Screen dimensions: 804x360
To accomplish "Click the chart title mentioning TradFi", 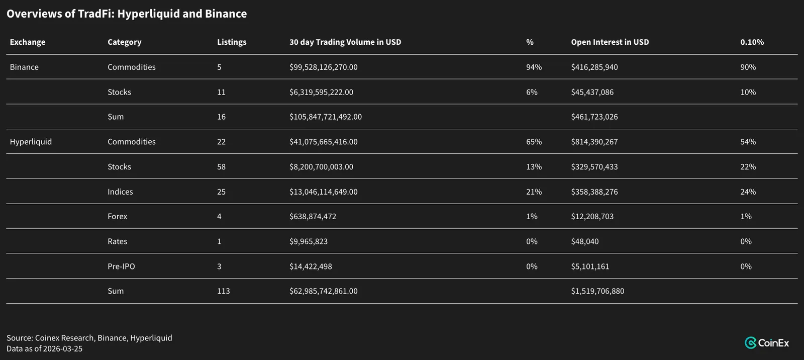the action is [x=127, y=14].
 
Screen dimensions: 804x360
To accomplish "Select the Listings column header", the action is [x=232, y=42].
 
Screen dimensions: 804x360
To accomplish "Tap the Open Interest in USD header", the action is [x=610, y=42].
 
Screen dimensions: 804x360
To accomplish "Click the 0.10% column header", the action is [x=752, y=42].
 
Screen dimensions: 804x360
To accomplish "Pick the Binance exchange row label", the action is [x=24, y=67].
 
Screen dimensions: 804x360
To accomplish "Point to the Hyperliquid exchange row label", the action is [x=31, y=142].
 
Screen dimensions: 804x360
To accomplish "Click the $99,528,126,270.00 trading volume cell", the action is [x=324, y=67].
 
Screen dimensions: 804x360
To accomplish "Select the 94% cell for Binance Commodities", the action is [x=534, y=67].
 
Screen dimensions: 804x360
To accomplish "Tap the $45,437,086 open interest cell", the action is [x=592, y=93].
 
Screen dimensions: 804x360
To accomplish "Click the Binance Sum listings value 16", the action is [x=222, y=117].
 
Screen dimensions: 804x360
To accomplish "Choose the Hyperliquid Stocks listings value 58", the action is [x=222, y=167].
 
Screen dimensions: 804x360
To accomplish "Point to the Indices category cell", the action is [x=120, y=192].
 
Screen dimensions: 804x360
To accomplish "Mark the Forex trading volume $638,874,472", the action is [x=313, y=217].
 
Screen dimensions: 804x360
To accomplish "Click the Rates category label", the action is [x=118, y=241].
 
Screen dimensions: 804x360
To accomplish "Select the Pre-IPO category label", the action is [x=121, y=266].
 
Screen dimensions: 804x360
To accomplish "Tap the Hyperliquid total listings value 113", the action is [x=224, y=291].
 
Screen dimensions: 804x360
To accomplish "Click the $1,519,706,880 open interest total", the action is [x=597, y=291].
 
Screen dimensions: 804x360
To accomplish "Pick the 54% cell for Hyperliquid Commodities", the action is [x=748, y=142].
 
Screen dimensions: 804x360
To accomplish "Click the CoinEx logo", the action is [x=767, y=343].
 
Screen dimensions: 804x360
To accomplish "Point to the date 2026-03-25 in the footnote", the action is [x=62, y=349].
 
